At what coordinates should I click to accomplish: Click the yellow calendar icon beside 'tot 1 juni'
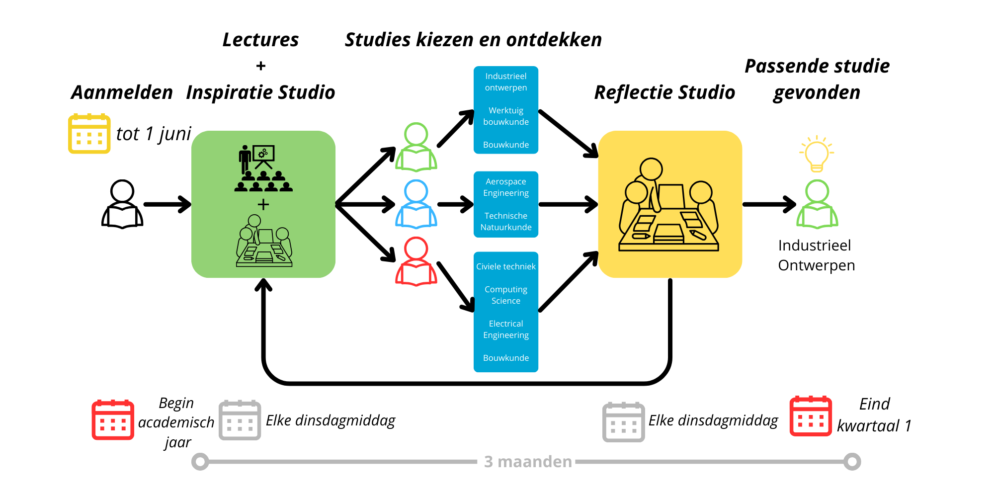(x=89, y=134)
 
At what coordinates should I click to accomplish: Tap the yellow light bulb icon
(x=817, y=154)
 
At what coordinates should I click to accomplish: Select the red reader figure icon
(x=416, y=262)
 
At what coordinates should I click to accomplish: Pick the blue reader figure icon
(x=416, y=204)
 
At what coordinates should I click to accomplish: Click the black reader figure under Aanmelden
(x=122, y=204)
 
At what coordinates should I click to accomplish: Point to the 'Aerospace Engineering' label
(x=506, y=187)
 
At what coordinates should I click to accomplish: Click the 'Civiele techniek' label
(x=506, y=266)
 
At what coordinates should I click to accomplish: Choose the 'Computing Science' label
(x=506, y=295)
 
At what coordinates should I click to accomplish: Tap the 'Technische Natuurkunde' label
(x=506, y=222)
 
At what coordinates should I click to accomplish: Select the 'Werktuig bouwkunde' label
(x=506, y=116)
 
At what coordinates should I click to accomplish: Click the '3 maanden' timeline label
(x=528, y=462)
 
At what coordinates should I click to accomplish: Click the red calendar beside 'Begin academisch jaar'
(x=113, y=420)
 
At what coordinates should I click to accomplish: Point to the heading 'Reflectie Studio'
(x=664, y=92)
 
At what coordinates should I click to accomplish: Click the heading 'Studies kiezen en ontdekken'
(x=473, y=40)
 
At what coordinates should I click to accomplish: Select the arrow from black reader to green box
(x=167, y=204)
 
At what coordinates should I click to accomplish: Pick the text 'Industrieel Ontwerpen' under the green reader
(x=816, y=255)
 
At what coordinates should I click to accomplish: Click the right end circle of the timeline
(x=852, y=462)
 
